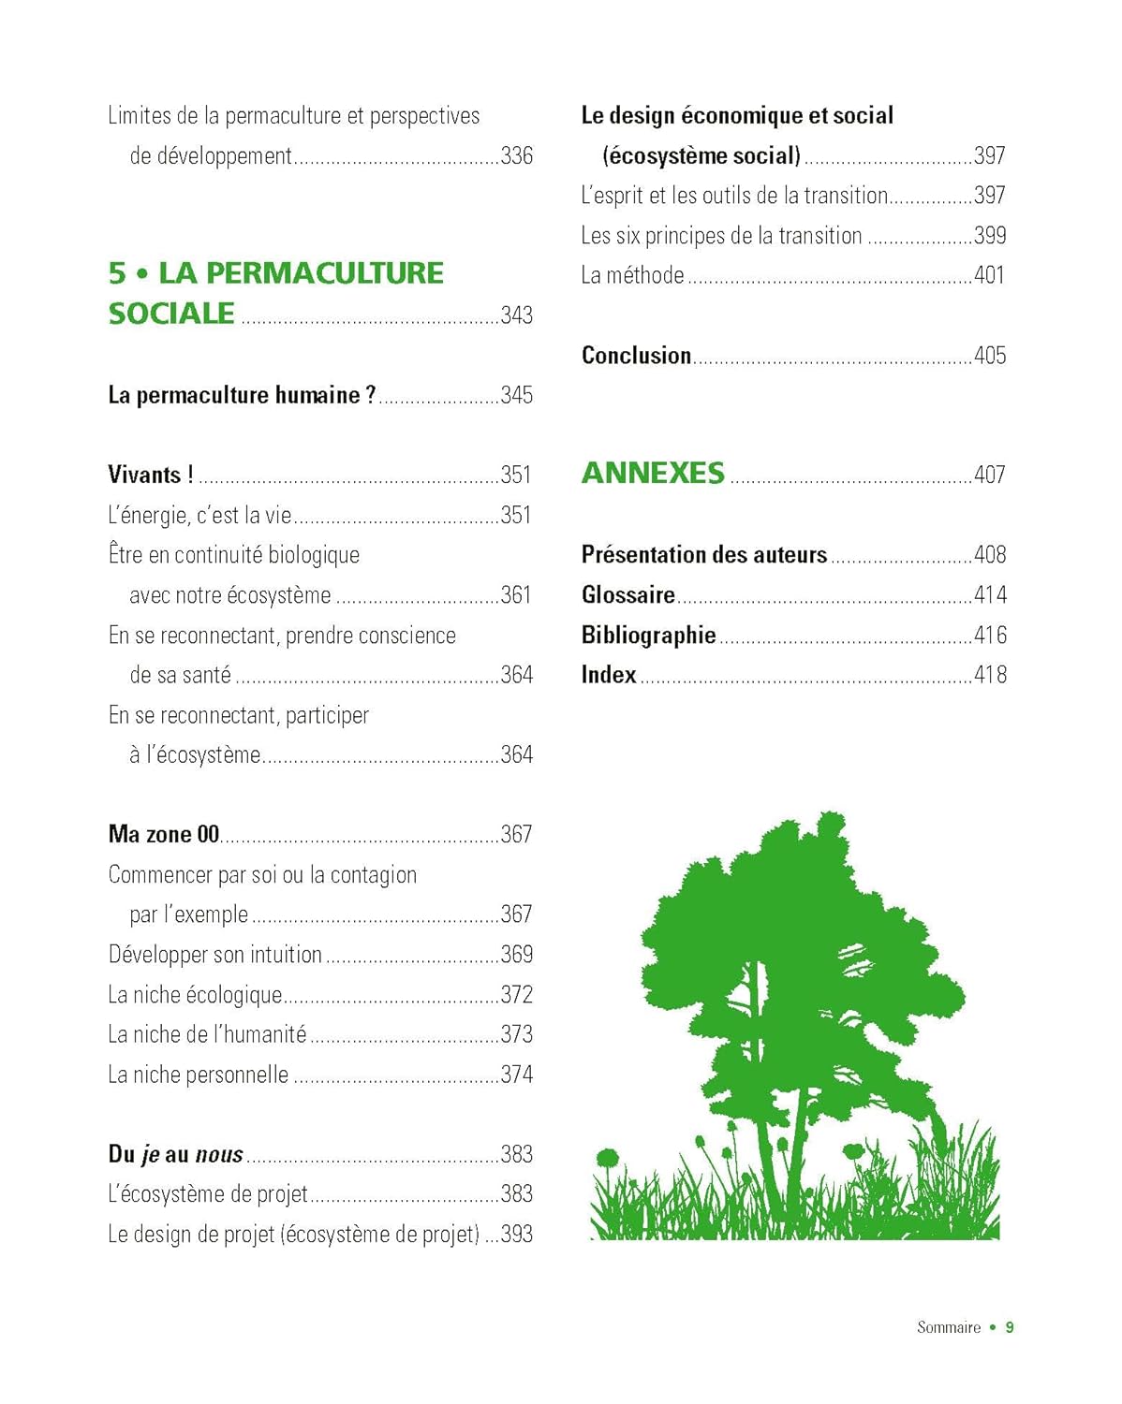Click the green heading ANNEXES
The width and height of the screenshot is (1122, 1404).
[653, 474]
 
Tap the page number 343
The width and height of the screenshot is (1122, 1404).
[516, 315]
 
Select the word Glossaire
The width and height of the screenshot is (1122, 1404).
[627, 595]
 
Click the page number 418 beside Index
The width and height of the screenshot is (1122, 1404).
[990, 675]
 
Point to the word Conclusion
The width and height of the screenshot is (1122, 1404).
[636, 356]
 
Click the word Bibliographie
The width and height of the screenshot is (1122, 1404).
[648, 636]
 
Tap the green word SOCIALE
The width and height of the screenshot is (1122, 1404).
[171, 314]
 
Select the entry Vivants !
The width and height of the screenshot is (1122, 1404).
[151, 475]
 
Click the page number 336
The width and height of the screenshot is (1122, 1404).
[516, 155]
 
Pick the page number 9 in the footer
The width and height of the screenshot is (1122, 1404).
[1010, 1327]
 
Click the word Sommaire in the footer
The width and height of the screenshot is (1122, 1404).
[949, 1327]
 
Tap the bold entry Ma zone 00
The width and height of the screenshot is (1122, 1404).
[164, 834]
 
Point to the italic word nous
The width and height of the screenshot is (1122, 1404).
[219, 1155]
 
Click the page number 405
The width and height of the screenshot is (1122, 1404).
[990, 356]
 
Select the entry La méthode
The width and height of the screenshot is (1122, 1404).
[632, 275]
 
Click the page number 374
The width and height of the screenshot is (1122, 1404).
[516, 1075]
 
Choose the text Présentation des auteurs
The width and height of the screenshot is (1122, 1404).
[704, 555]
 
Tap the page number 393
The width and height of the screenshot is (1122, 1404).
[516, 1235]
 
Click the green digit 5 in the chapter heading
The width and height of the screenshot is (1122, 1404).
[116, 273]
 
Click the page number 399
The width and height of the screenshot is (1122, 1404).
[990, 236]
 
